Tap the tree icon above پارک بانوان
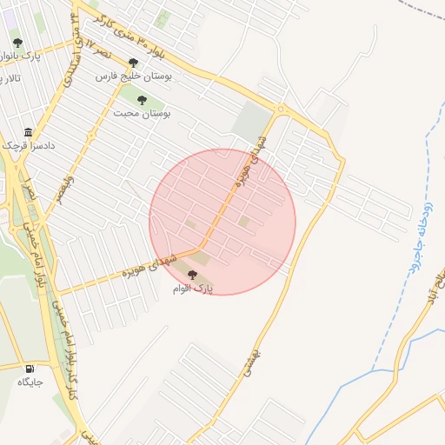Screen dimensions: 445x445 pyautogui.click(x=18, y=42)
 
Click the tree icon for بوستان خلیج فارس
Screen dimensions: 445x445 pyautogui.click(x=132, y=63)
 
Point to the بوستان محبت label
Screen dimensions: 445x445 pyautogui.click(x=142, y=113)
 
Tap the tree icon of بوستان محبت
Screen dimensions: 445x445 pyautogui.click(x=141, y=99)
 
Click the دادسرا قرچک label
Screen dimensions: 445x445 pyautogui.click(x=28, y=146)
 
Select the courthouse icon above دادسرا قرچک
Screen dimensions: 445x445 pyautogui.click(x=29, y=132)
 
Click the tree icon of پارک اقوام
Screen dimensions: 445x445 pyautogui.click(x=193, y=274)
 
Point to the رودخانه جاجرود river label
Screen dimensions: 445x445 pyautogui.click(x=416, y=243)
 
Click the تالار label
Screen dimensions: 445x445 pyautogui.click(x=10, y=78)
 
